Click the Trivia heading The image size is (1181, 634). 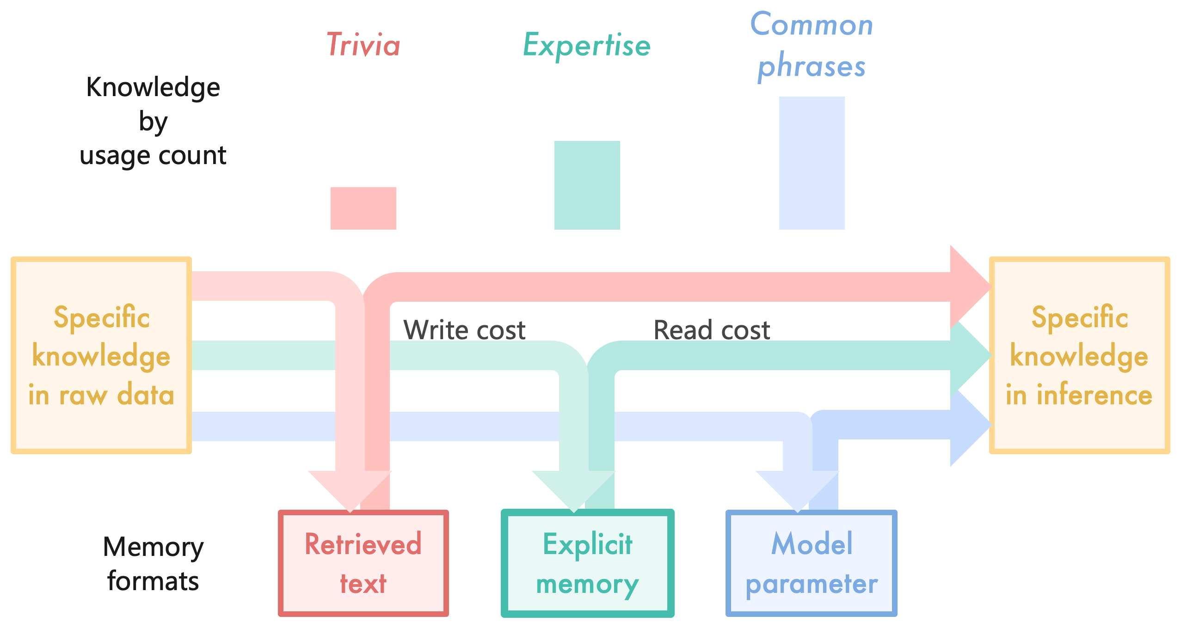tap(363, 45)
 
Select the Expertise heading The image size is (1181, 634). tap(587, 46)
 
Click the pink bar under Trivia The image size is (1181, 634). tap(363, 208)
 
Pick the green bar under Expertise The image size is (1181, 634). tap(587, 185)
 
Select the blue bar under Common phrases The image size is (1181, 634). tap(812, 163)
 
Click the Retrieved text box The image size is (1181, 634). tap(363, 563)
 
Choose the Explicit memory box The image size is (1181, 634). tap(587, 563)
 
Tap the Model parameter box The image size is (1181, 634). tap(812, 563)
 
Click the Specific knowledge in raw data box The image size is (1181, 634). tap(101, 355)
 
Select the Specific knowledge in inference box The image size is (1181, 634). tap(1079, 355)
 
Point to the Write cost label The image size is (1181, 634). tap(464, 330)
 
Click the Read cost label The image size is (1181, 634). tap(712, 330)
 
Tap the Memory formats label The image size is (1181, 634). tap(153, 563)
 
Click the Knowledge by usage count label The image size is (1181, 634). tap(153, 121)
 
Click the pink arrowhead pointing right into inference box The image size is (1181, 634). tap(969, 287)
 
